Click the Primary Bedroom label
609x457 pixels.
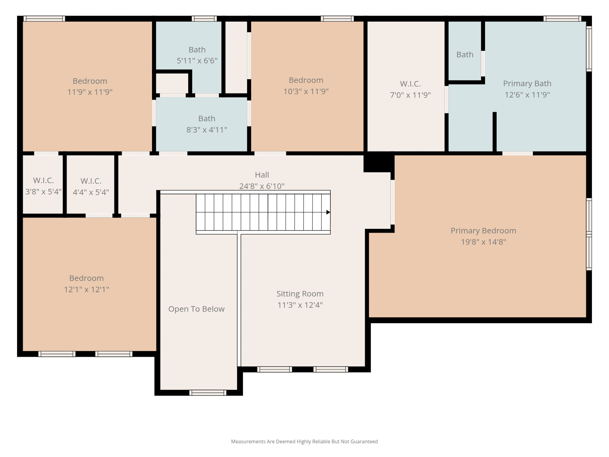point(483,231)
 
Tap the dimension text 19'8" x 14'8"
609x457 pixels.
point(483,242)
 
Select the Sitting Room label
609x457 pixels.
point(300,294)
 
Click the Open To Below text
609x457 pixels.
point(196,309)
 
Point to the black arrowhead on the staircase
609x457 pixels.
point(328,212)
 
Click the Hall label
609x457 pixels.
point(262,175)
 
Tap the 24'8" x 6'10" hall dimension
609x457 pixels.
point(262,186)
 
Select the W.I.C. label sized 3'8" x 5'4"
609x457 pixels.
point(43,180)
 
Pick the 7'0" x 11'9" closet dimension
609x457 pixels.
point(410,95)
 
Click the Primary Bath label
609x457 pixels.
point(527,83)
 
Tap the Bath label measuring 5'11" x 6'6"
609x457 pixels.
point(197,49)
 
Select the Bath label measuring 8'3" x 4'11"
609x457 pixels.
point(207,118)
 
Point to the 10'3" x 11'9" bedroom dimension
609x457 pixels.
point(306,91)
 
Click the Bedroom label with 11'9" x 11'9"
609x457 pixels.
point(90,81)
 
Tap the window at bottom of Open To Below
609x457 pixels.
point(208,393)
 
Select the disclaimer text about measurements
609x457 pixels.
point(304,441)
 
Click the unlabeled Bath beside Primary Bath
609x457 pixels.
point(465,55)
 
